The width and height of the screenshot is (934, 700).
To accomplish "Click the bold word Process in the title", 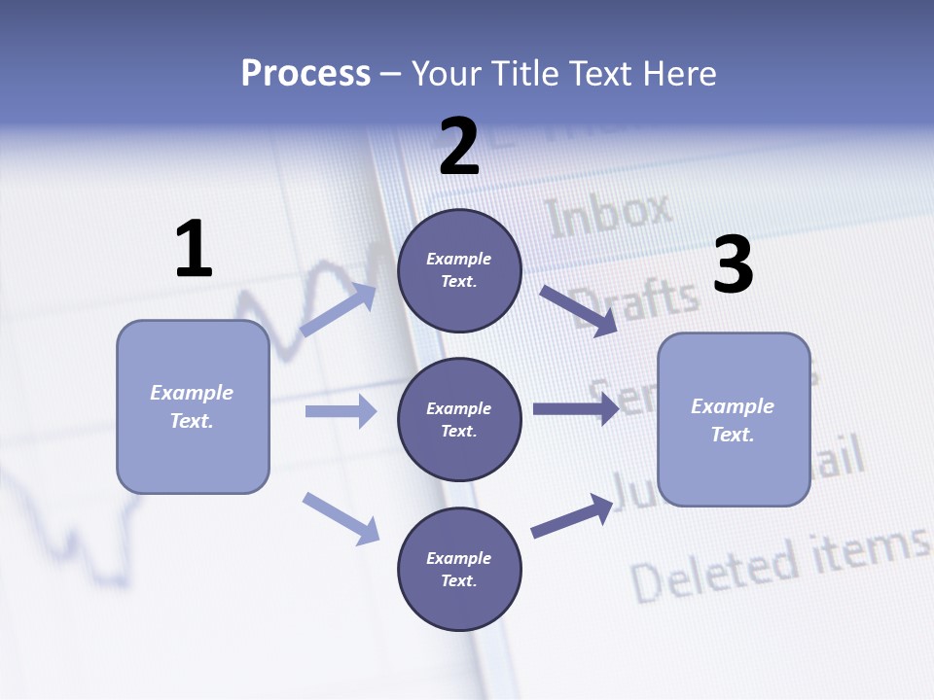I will (305, 73).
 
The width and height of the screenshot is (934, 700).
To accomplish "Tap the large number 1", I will (194, 249).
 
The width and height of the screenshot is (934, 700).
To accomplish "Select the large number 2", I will (459, 147).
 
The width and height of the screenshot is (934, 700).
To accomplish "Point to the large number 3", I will (733, 265).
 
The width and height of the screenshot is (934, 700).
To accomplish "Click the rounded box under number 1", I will (193, 406).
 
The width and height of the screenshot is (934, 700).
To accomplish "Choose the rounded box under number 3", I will (734, 419).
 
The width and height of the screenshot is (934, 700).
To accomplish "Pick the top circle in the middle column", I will (459, 270).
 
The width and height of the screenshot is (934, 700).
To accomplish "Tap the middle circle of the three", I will (459, 419).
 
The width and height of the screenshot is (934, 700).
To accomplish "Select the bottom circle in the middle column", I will (459, 569).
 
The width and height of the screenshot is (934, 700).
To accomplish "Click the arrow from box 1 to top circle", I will (339, 310).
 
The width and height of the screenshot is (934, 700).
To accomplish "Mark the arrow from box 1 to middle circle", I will (341, 411).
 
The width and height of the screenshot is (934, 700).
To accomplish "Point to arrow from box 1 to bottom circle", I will (341, 518).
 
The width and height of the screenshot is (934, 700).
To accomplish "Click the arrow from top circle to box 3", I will (579, 311).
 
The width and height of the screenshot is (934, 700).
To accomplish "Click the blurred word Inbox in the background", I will (609, 215).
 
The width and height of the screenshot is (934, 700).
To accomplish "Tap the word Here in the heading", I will (678, 73).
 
